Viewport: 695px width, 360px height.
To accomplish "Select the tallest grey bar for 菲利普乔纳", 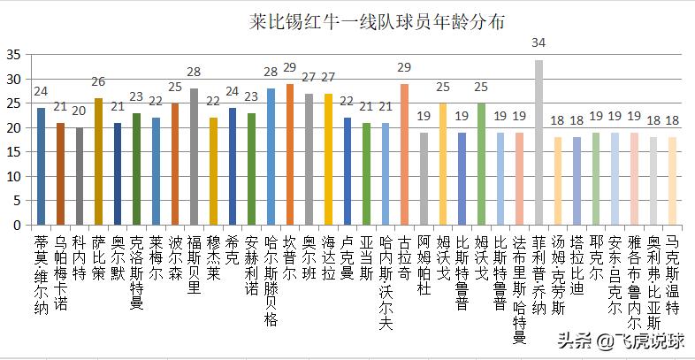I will click(x=538, y=142).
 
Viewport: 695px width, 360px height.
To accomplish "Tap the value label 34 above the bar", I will click(x=538, y=42).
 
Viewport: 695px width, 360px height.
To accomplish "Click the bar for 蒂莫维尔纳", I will click(x=41, y=166).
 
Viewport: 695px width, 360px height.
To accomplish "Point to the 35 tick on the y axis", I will click(x=14, y=54).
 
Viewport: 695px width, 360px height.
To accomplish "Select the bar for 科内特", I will click(x=79, y=176).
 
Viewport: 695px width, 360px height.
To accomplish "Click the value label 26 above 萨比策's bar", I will click(x=98, y=80).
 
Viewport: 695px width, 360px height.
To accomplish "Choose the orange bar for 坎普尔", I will click(x=290, y=154).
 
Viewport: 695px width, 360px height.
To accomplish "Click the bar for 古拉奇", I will click(x=404, y=154).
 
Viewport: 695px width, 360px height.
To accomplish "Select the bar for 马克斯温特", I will click(x=673, y=181).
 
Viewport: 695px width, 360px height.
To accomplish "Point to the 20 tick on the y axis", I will click(x=14, y=127).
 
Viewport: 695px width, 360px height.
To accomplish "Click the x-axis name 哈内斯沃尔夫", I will click(x=385, y=274).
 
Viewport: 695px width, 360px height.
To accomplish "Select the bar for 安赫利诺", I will click(x=251, y=169).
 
